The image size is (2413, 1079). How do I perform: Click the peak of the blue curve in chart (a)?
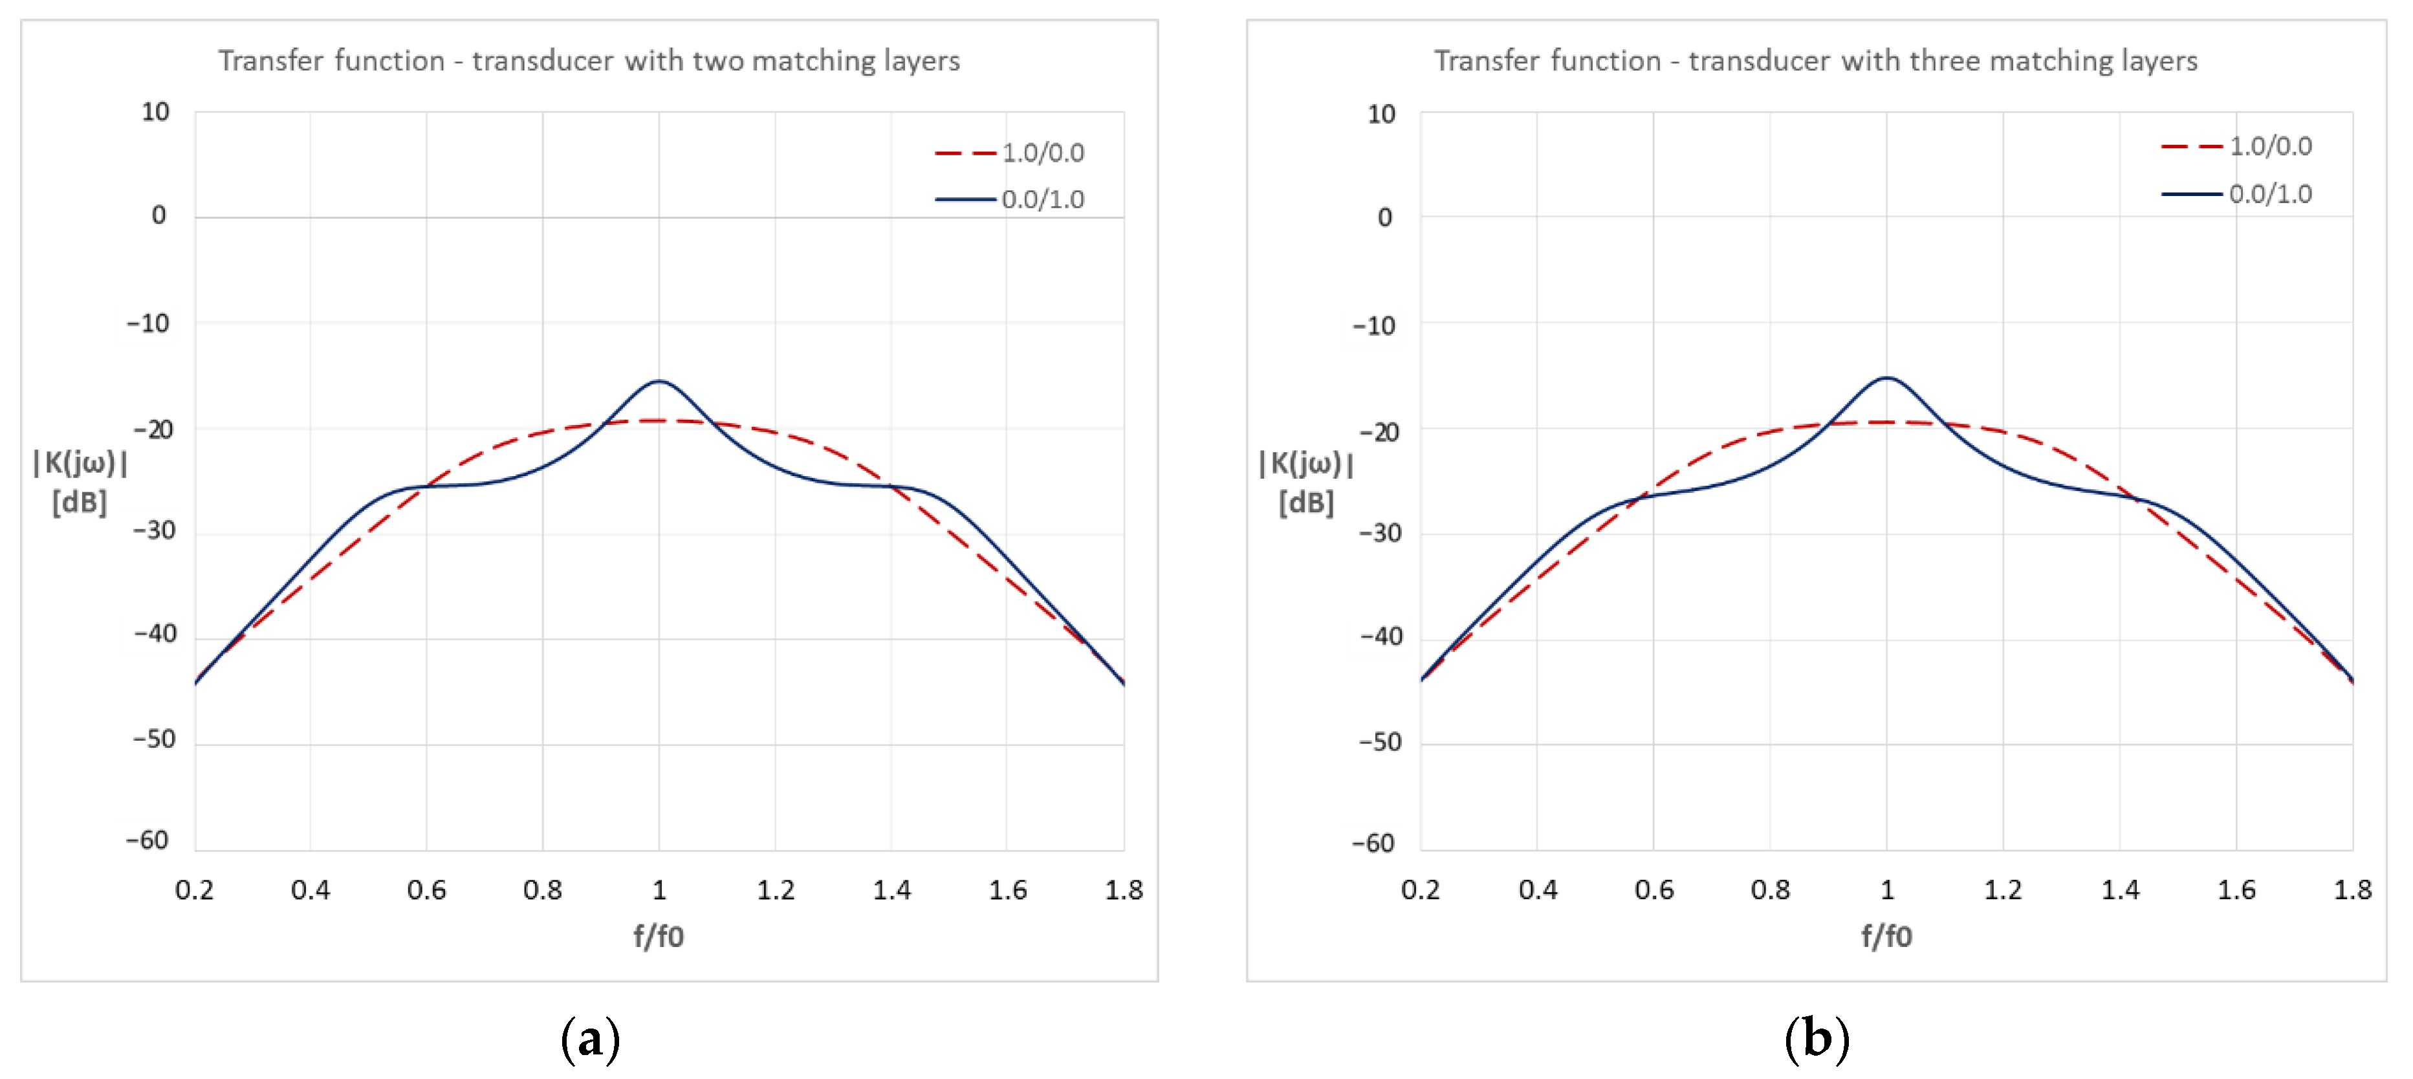(x=659, y=381)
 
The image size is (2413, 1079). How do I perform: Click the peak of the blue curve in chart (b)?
(x=1886, y=378)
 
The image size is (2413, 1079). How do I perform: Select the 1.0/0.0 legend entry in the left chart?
(x=1042, y=153)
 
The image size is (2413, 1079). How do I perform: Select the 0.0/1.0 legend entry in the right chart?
(x=2269, y=194)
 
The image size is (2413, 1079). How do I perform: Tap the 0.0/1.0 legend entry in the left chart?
(x=1042, y=199)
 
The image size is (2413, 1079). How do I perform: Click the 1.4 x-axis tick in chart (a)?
(x=891, y=890)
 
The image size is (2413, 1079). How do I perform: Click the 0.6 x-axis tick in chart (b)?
(x=1654, y=890)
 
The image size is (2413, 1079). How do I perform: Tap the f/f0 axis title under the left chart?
(x=659, y=935)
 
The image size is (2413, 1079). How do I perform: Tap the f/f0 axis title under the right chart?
(x=1886, y=935)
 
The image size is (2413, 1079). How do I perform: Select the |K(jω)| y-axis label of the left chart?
(x=80, y=462)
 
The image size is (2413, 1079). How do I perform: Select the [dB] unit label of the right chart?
(x=1305, y=503)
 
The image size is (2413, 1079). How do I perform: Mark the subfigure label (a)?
(x=590, y=1039)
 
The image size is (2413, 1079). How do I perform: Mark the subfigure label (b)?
(x=1817, y=1039)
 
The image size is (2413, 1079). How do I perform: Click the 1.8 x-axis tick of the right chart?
(x=2352, y=890)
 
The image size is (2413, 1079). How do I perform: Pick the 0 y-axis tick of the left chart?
(x=159, y=215)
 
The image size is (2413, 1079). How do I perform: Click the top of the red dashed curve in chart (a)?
(x=659, y=420)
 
